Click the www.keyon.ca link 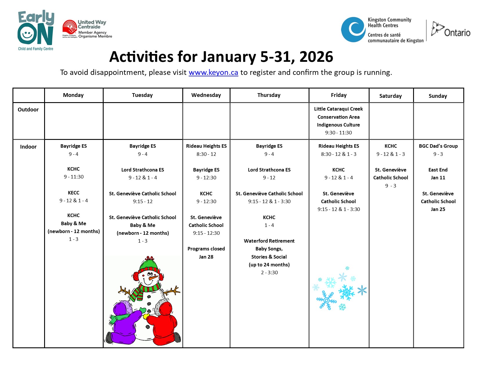coord(213,73)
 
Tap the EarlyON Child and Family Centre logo coord(36,30)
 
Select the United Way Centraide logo coord(87,29)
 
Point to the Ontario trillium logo coord(451,29)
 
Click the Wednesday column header coord(206,95)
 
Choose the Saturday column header coord(390,96)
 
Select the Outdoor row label coord(28,110)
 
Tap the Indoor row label coord(28,147)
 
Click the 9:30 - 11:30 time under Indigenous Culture coord(338,133)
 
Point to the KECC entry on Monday coord(73,193)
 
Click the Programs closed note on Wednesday coord(206,249)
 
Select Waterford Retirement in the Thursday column coord(269,241)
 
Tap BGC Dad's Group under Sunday coord(438,146)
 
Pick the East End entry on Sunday coord(438,170)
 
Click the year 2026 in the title coord(316,57)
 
